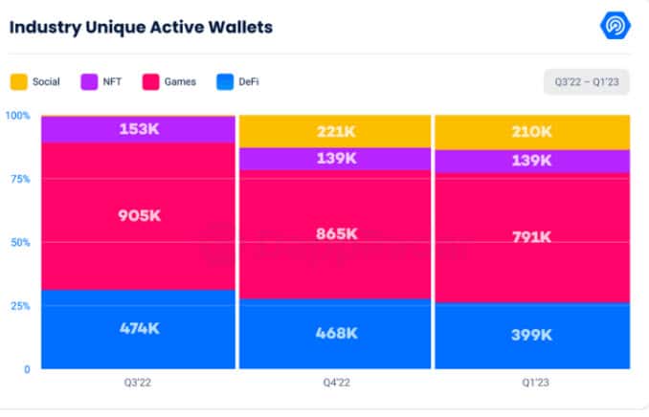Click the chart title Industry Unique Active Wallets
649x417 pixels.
(141, 27)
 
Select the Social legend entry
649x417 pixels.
(37, 81)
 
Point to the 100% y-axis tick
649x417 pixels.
(18, 116)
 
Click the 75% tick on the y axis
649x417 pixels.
(20, 179)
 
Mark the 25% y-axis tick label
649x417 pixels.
(20, 306)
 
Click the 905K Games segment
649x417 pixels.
(139, 216)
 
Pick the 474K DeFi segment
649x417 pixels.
(139, 328)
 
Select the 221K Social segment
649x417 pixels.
(335, 132)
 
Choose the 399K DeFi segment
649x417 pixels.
(532, 335)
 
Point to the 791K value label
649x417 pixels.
(532, 236)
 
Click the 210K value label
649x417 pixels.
(532, 132)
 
